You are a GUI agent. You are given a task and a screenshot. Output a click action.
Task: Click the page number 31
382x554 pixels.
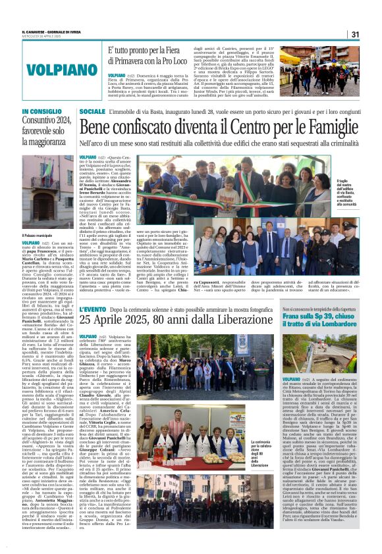click(x=355, y=34)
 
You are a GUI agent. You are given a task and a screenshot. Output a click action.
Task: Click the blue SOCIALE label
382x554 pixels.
click(x=92, y=113)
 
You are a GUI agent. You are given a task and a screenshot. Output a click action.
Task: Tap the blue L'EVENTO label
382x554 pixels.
click(x=92, y=309)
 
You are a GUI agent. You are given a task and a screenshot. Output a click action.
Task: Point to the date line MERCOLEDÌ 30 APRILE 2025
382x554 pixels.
click(x=41, y=37)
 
